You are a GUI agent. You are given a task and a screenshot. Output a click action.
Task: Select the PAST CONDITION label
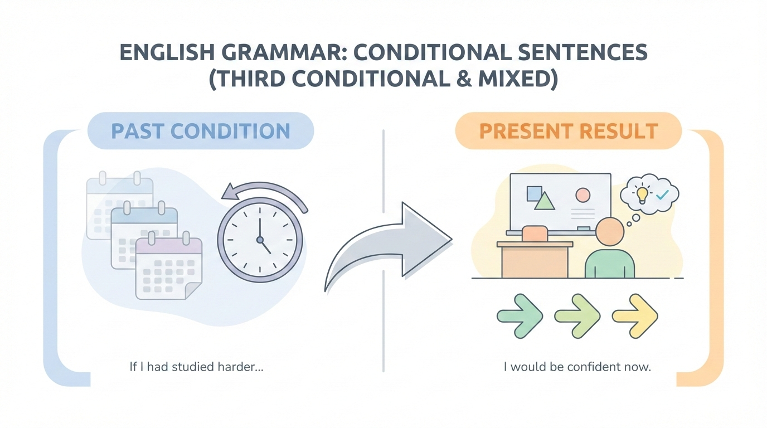tap(201, 131)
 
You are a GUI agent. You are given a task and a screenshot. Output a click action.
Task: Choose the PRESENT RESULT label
tap(568, 131)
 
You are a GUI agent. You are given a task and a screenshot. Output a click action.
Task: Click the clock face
tap(259, 240)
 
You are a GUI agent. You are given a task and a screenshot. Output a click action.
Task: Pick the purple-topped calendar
tap(168, 267)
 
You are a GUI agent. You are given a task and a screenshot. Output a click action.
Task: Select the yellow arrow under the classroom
tap(635, 316)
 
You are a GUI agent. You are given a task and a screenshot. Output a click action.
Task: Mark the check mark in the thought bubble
tap(662, 195)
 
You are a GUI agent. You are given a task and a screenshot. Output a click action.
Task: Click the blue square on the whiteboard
tap(534, 193)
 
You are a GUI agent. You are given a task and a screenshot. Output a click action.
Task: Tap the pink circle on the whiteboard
tap(582, 194)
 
